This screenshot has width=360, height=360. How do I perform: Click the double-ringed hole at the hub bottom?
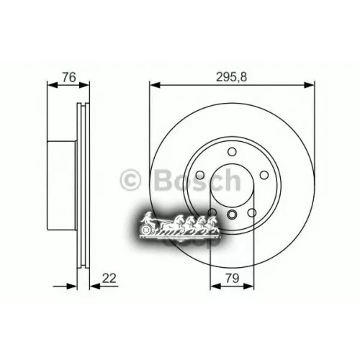point(232,214)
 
